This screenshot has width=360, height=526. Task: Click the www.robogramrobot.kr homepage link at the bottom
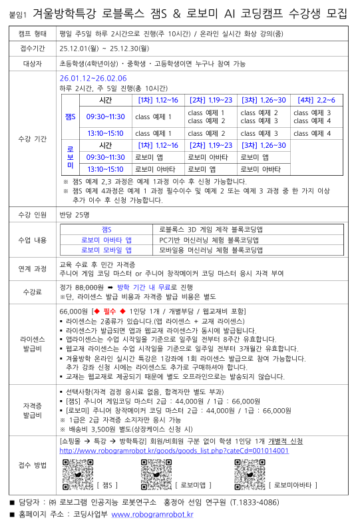coord(152,514)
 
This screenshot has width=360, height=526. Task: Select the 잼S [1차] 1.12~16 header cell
coord(158,100)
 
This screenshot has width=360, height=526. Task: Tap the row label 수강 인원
coord(32,214)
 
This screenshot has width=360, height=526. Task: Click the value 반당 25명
coord(74,214)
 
